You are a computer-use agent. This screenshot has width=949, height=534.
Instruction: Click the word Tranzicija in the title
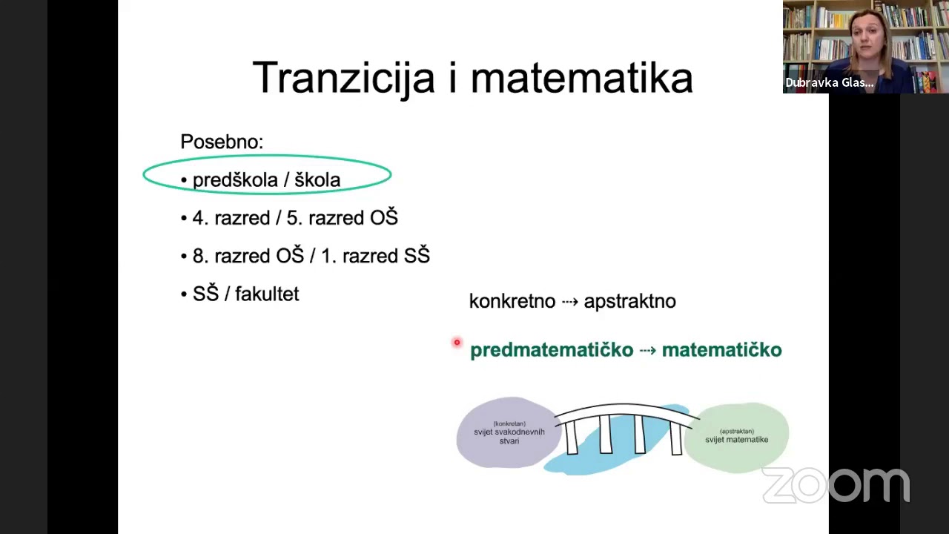[x=343, y=78]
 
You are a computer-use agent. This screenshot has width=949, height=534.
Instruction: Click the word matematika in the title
[x=581, y=78]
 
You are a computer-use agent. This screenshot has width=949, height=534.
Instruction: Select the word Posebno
[x=221, y=142]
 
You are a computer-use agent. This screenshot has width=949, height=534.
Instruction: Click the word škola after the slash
[x=317, y=180]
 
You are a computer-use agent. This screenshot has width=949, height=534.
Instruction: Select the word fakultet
[x=267, y=294]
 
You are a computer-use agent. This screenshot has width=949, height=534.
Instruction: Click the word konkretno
[x=512, y=301]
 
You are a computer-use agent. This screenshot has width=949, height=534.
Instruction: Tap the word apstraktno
[x=629, y=301]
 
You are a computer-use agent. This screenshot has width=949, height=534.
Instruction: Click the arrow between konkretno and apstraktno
[x=569, y=301]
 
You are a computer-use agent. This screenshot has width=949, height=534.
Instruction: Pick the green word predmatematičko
[x=552, y=350]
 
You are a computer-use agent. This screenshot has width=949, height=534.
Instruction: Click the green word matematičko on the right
[x=721, y=350]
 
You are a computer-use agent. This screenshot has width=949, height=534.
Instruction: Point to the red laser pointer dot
[x=457, y=342]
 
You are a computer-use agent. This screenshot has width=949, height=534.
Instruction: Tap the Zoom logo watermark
[x=836, y=485]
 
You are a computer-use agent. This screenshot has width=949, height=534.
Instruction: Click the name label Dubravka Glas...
[x=829, y=82]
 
